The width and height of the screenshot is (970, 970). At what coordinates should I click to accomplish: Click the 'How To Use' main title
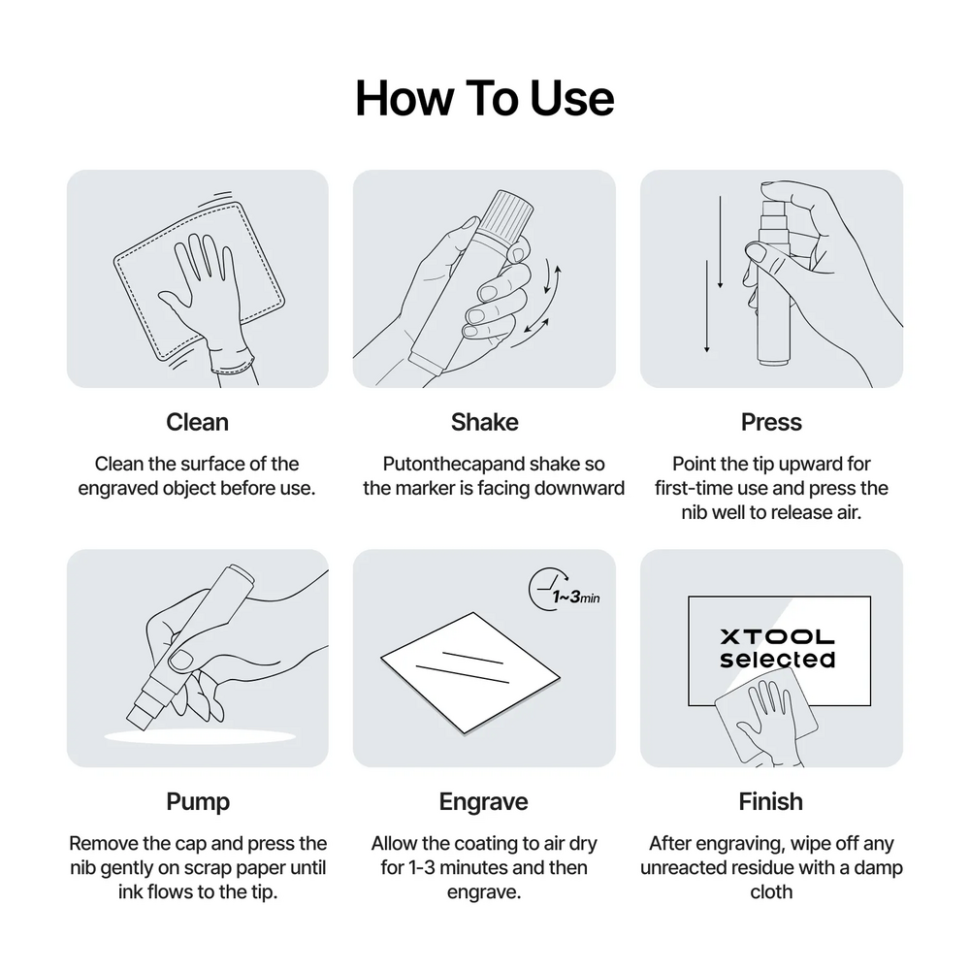484,98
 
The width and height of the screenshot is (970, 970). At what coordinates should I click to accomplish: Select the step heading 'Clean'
197,422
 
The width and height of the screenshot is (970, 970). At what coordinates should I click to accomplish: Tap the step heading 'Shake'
484,422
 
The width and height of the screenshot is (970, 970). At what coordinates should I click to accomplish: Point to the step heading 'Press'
771,422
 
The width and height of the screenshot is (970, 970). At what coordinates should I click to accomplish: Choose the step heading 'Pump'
198,802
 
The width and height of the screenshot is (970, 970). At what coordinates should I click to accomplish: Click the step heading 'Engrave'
484,802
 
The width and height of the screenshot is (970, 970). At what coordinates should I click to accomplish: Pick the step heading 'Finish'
771,802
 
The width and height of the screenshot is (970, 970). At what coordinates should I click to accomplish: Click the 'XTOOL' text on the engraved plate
778,636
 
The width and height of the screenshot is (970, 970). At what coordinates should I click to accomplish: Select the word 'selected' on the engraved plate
778,659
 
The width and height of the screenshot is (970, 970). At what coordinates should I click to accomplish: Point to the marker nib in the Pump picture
140,715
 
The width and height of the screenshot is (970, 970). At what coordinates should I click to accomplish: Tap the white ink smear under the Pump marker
200,737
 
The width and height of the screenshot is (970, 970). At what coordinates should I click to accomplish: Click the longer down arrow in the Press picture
706,307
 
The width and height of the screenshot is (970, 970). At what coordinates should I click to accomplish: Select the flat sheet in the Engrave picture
470,673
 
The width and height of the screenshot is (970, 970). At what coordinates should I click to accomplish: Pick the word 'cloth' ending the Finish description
771,892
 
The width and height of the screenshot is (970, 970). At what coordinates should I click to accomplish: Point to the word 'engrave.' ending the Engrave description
484,892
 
